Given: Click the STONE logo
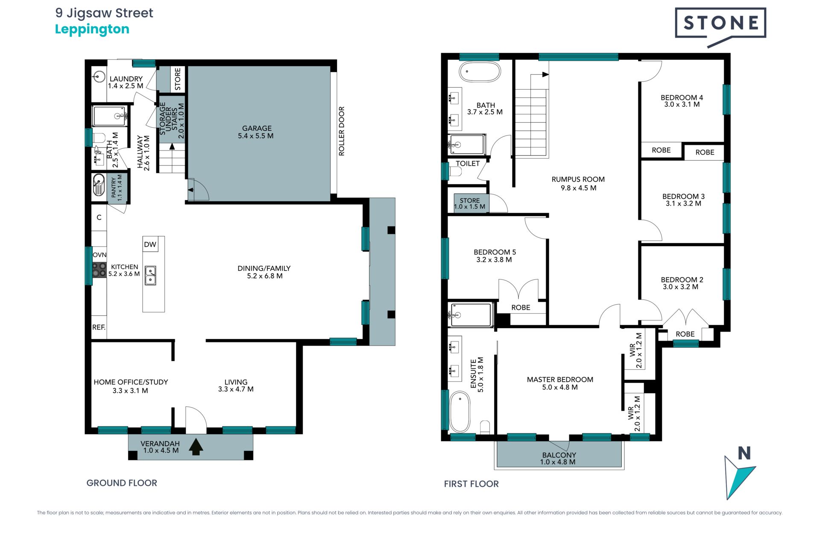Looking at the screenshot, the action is click(x=720, y=26).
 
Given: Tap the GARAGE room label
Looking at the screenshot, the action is click(x=257, y=128).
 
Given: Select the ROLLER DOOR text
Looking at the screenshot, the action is click(x=341, y=131).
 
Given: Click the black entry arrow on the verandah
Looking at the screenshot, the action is click(x=196, y=447).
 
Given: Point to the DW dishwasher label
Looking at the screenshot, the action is click(x=150, y=244).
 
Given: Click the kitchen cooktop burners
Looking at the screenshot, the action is click(x=99, y=270).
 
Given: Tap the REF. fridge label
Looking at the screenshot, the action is click(x=99, y=327).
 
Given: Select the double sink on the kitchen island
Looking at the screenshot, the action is click(x=150, y=275).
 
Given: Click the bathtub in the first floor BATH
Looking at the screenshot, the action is click(x=480, y=72).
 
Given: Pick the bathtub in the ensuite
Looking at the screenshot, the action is click(x=460, y=411).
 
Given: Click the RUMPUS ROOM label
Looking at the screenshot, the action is click(x=578, y=179).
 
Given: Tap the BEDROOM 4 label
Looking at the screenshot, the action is click(x=682, y=97).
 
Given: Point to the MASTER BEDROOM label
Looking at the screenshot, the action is click(x=560, y=379).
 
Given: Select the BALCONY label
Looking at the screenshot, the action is click(x=559, y=455).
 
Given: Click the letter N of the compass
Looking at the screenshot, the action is click(x=744, y=453).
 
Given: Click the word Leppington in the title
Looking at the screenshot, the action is click(x=92, y=29).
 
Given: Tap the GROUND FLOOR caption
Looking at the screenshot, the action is click(x=122, y=483).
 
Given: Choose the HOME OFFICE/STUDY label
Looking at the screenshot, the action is click(x=131, y=382).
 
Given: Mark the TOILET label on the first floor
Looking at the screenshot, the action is click(x=468, y=164).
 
